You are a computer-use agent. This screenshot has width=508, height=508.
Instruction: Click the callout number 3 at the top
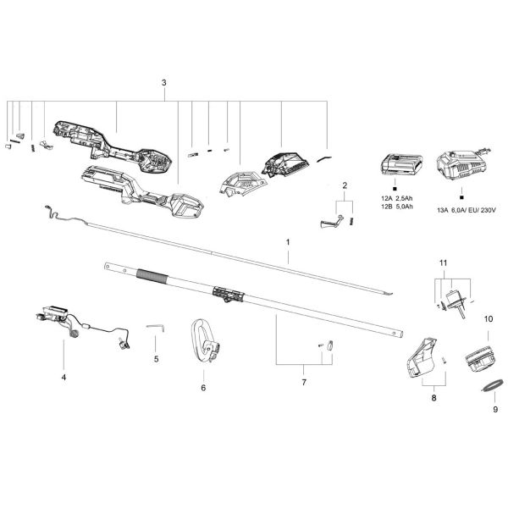coord(164,83)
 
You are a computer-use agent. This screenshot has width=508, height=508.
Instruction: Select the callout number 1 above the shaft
coord(288,242)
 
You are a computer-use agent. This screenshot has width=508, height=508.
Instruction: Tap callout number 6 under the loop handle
coord(203,388)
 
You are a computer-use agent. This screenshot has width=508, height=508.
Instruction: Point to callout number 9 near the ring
coord(495,410)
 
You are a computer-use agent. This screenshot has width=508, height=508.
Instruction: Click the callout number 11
coord(443,262)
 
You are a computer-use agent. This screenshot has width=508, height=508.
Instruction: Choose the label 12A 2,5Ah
coord(397,199)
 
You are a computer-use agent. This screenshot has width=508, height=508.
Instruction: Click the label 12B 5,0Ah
coord(397,207)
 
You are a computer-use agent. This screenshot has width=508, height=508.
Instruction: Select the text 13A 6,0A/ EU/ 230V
coord(467,210)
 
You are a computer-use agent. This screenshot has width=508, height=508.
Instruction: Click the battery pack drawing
coord(401,164)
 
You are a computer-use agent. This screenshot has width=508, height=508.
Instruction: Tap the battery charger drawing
coord(462,165)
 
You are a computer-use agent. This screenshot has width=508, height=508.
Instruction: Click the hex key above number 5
coord(156,328)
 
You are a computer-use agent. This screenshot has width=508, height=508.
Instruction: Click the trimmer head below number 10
coord(480,360)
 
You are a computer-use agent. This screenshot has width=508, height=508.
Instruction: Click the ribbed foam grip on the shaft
coord(152,276)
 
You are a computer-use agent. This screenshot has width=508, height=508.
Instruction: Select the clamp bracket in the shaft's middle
coord(229,294)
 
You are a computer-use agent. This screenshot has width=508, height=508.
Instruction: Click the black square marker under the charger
coord(461,197)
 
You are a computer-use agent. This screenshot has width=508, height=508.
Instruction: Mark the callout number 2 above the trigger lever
coord(345,185)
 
